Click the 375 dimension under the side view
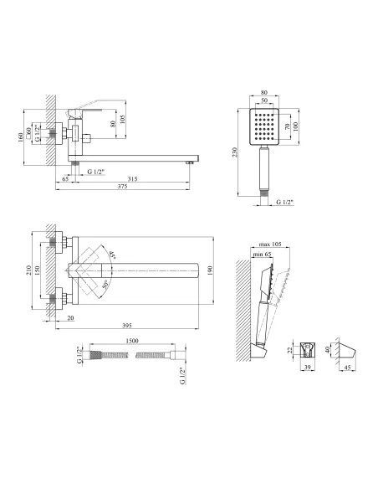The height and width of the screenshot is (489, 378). [123, 187]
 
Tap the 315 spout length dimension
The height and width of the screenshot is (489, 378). [132, 179]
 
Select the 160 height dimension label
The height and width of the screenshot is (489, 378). [21, 137]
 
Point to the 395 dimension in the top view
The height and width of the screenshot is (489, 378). [127, 326]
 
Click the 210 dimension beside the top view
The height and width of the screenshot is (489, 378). [28, 270]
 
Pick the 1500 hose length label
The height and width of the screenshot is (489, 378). [132, 341]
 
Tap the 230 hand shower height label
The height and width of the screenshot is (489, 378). [235, 152]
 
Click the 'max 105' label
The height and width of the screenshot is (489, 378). [270, 244]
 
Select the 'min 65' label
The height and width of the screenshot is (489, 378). [262, 255]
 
